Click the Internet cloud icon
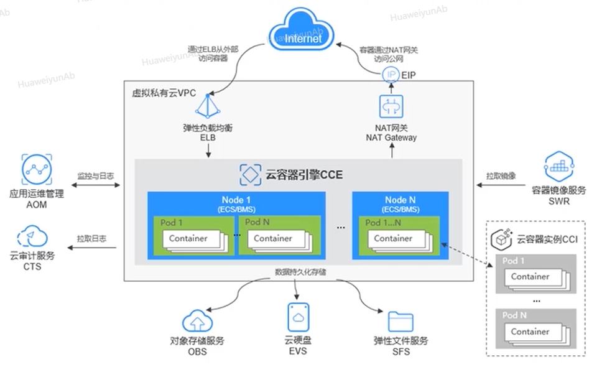coord(303,37)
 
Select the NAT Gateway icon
coord(391,106)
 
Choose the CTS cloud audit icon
coord(32,238)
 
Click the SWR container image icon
coord(558,165)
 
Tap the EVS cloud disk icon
coord(300,318)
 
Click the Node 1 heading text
coord(236,200)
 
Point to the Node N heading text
coord(401,200)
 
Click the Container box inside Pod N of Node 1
coord(273,238)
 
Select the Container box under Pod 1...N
coord(393,238)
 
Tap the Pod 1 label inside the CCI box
coord(514,261)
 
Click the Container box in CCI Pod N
coord(530,332)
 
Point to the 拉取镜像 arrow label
coord(501,176)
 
